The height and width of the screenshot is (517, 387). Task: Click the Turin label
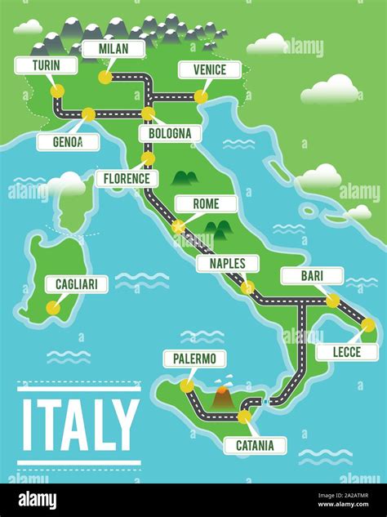[x=46, y=65]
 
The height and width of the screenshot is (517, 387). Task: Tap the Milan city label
[x=113, y=49]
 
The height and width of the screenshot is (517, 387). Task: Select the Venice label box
[x=210, y=70]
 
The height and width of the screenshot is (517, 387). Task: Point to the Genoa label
[x=68, y=142]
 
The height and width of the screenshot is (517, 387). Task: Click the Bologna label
[x=170, y=133]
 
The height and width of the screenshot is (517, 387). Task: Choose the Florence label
[x=127, y=178]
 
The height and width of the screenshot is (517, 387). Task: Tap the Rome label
[x=205, y=203]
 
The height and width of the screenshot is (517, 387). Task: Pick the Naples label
[x=228, y=263]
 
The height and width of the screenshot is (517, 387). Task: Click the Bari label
[x=312, y=275]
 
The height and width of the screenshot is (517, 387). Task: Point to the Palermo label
[x=194, y=359]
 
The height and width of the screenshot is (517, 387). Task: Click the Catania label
[x=255, y=445]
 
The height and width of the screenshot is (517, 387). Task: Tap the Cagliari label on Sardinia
[x=77, y=284]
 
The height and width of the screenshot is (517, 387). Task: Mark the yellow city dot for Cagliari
[x=53, y=308]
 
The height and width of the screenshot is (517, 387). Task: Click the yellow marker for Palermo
[x=187, y=385]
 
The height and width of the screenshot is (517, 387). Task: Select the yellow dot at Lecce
[x=368, y=325]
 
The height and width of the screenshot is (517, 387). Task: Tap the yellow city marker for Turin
[x=57, y=91]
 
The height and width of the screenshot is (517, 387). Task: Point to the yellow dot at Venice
[x=200, y=97]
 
